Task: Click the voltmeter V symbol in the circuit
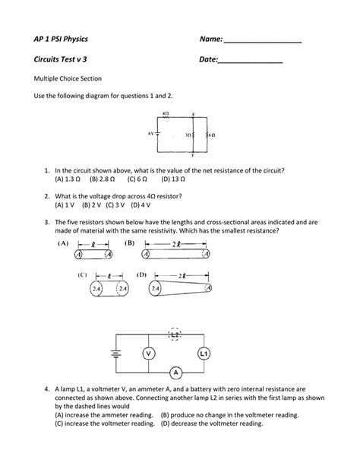150,354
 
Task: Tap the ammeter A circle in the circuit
176,372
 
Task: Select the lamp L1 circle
204,354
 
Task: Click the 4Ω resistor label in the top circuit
166,114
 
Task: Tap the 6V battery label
150,134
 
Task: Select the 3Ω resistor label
186,135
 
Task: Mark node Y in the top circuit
193,154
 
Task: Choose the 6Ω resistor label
212,135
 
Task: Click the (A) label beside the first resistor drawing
62,244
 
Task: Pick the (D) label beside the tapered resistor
141,274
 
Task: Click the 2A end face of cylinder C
96,289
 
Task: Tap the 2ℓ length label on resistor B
175,245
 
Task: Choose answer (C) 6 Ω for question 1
137,180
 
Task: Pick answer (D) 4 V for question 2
141,204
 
